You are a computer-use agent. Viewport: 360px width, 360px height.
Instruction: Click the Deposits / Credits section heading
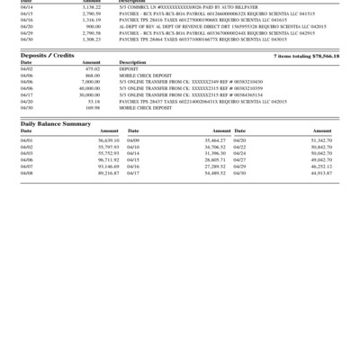48,56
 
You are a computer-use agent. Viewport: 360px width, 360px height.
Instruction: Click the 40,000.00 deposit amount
90,88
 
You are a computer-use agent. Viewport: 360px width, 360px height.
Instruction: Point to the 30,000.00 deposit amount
90,94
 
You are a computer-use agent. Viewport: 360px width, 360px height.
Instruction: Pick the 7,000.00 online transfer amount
91,82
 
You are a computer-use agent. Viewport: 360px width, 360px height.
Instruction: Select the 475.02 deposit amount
93,68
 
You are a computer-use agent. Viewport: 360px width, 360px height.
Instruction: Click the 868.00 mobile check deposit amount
93,75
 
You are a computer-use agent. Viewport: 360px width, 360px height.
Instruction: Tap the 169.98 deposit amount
93,108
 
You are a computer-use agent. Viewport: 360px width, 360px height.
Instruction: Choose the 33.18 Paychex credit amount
94,102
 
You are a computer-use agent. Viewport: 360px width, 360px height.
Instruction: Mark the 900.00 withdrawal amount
93,27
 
